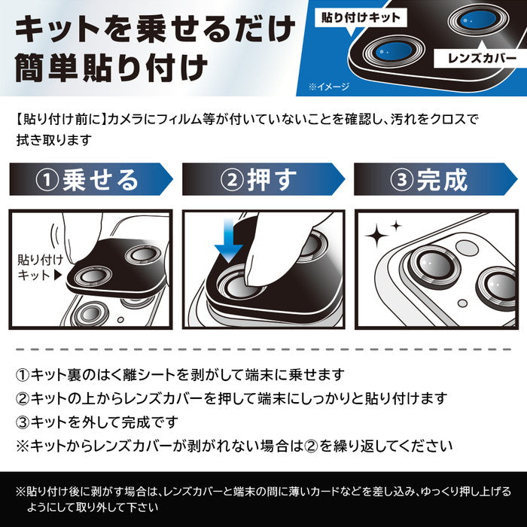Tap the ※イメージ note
(x=329, y=87)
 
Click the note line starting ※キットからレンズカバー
(x=234, y=444)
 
